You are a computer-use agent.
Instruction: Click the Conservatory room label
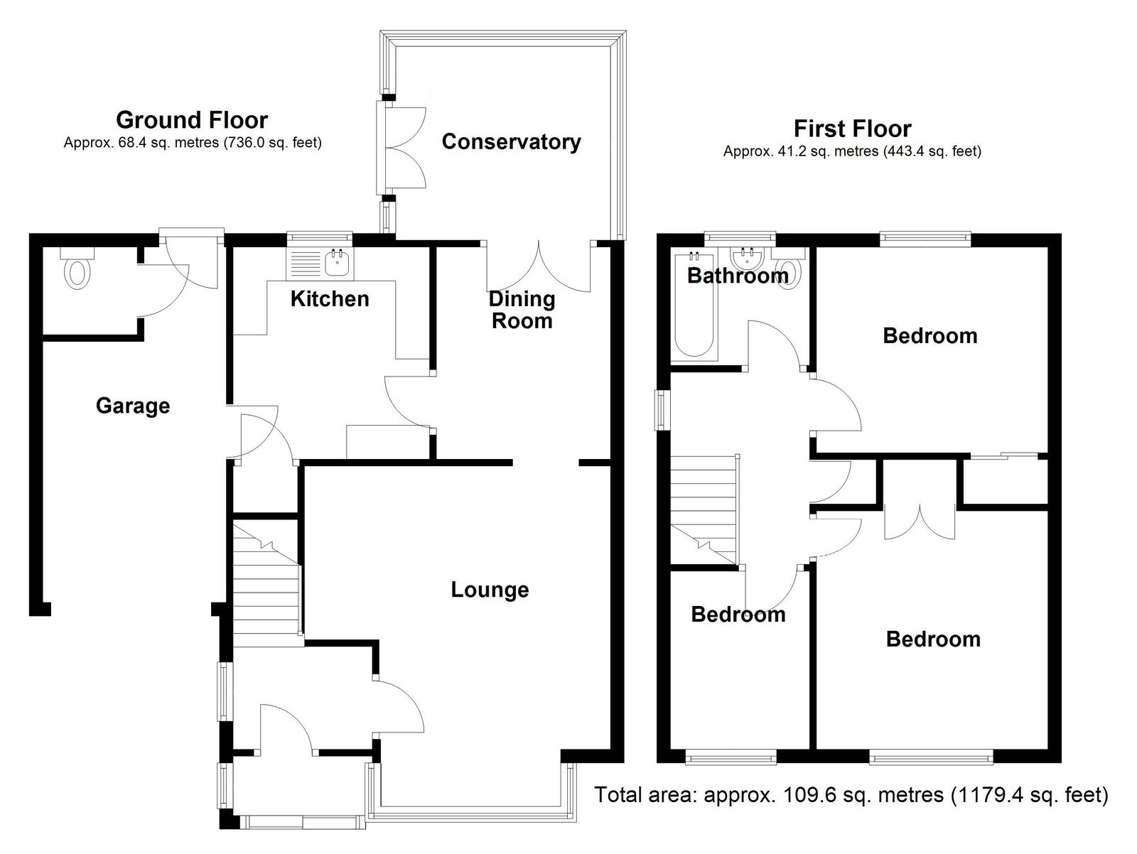[511, 142]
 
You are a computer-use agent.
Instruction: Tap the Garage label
[133, 405]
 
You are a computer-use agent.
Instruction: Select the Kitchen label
[330, 299]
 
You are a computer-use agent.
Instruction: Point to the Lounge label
[490, 590]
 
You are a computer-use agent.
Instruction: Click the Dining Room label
[522, 310]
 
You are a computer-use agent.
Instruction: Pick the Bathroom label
[738, 276]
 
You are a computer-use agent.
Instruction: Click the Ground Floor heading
[192, 120]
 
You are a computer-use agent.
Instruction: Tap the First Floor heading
[852, 129]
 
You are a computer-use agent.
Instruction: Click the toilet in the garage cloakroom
[77, 269]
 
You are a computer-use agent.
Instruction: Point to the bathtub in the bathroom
[694, 306]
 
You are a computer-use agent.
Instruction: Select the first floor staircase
[704, 509]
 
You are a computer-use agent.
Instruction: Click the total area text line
[851, 794]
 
